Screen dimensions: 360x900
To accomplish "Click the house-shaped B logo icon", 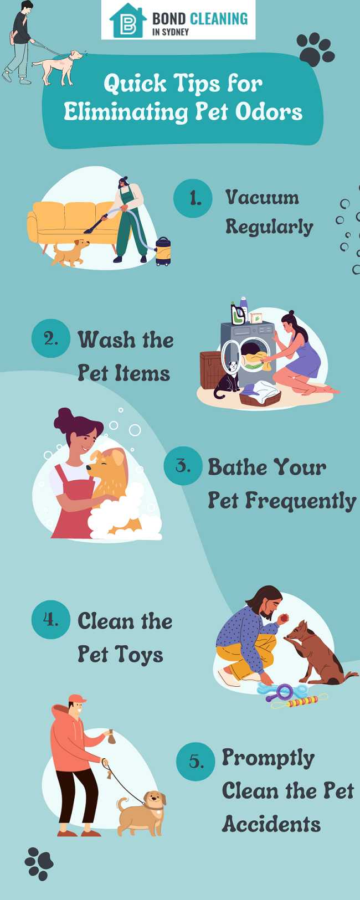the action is click(x=128, y=20).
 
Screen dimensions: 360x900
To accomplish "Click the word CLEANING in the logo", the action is click(x=219, y=18).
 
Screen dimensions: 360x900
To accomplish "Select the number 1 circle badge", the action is click(x=193, y=198).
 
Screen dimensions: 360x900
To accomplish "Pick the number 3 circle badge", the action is click(x=183, y=466).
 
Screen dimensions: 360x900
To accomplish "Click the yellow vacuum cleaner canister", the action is click(x=163, y=251).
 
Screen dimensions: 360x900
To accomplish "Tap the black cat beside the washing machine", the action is click(x=226, y=380).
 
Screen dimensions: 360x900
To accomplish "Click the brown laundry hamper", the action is click(x=212, y=369).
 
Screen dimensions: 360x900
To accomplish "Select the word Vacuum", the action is click(x=262, y=197).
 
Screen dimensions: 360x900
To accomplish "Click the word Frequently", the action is click(x=301, y=501).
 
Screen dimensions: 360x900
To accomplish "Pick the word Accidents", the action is click(x=271, y=824).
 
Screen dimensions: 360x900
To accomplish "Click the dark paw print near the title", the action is click(x=315, y=49).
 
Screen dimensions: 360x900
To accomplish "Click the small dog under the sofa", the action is click(x=70, y=253).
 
